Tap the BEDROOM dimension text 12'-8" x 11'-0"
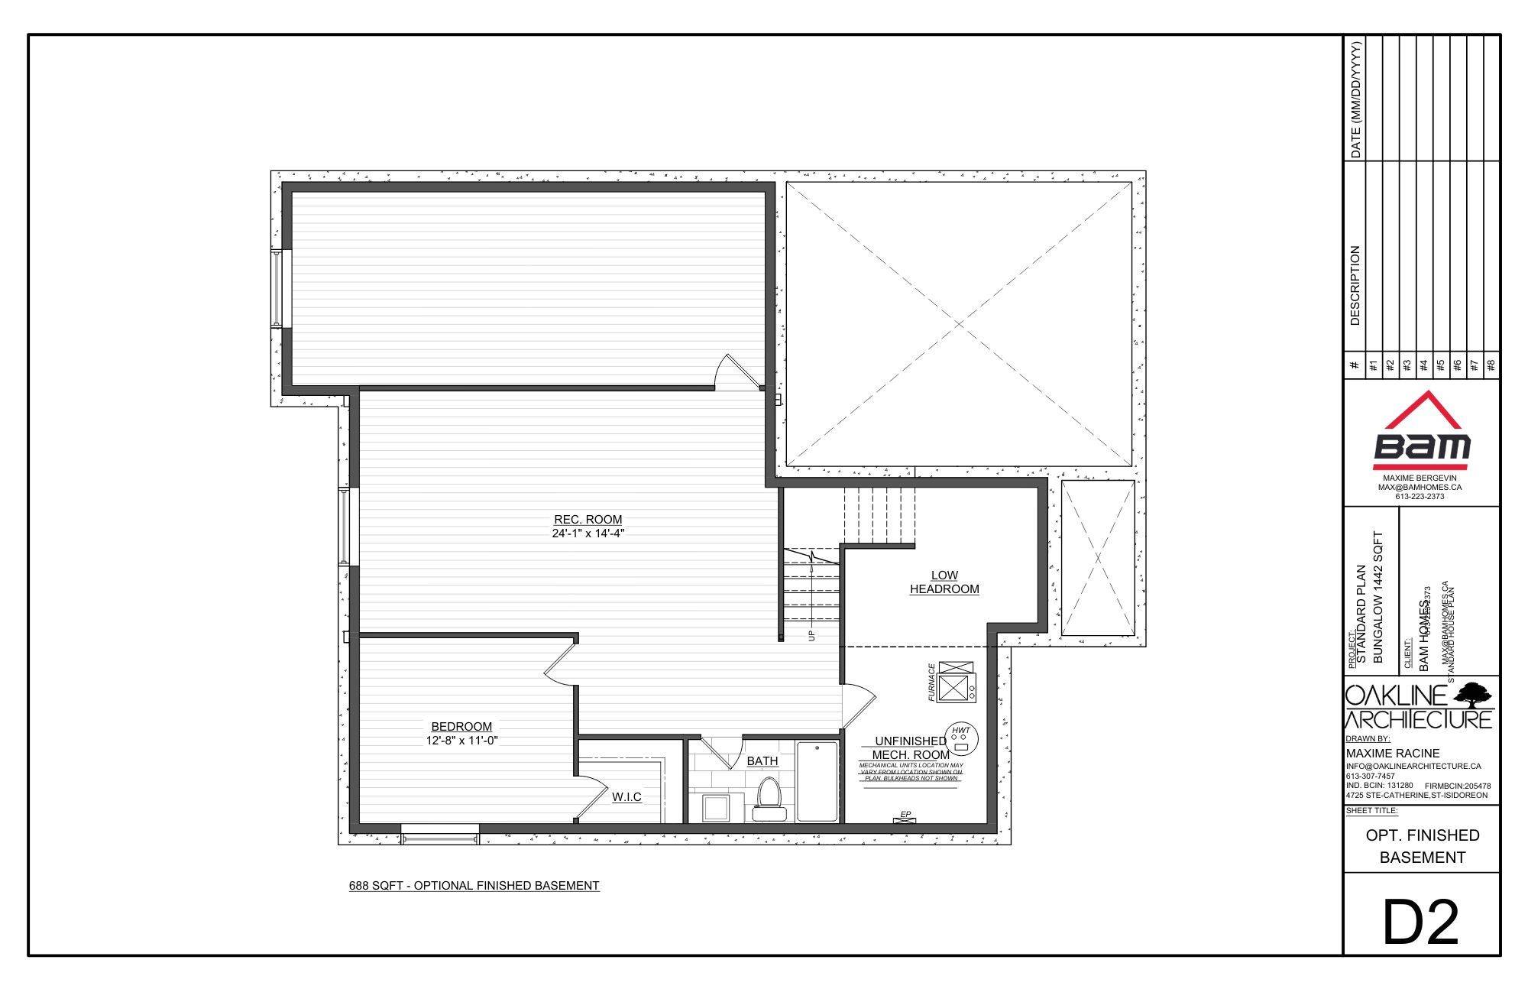461,740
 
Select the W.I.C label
626,797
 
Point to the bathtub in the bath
817,781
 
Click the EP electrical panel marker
905,816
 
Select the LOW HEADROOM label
944,582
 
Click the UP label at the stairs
812,634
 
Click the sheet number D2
1420,923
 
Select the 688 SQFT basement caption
474,886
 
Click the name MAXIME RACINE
1392,753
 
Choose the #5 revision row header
1440,365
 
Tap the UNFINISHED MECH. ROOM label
911,747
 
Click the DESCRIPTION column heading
1355,285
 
